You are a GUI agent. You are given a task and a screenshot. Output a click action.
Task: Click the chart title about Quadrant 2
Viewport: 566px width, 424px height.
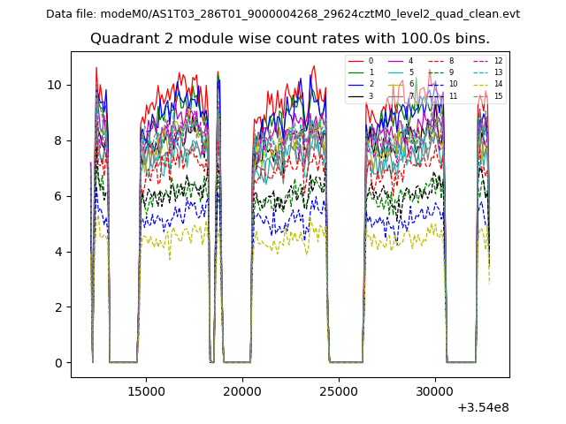tap(290, 39)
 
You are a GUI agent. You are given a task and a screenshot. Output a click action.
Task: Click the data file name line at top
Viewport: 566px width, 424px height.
tap(283, 14)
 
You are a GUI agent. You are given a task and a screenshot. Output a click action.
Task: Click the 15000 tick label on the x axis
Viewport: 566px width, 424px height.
tap(145, 390)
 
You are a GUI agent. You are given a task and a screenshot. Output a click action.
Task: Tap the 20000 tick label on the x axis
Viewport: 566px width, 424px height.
tap(241, 390)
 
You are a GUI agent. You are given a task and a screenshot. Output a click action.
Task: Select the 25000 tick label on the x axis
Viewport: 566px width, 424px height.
tap(338, 390)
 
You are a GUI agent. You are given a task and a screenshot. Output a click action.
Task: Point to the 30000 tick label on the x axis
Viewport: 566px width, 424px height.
tap(434, 390)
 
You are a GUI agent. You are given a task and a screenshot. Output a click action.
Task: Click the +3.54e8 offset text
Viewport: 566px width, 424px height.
tap(483, 407)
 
